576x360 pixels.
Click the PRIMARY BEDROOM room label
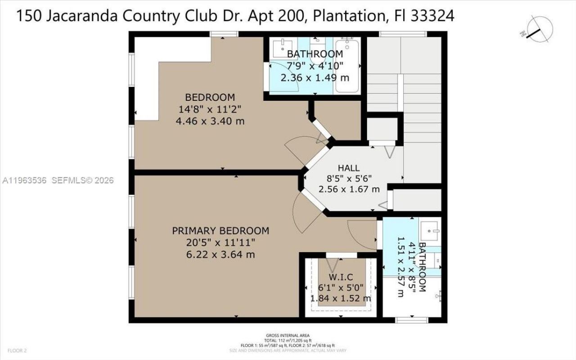click(x=220, y=231)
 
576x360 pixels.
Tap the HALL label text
click(x=349, y=168)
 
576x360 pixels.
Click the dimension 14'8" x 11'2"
click(x=210, y=109)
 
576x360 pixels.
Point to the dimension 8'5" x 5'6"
click(x=349, y=179)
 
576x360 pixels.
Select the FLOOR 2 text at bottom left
click(x=18, y=350)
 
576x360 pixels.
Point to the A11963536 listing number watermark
click(x=25, y=180)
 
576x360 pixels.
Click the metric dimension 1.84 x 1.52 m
click(x=340, y=298)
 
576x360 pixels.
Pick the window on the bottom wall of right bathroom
click(x=411, y=320)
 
